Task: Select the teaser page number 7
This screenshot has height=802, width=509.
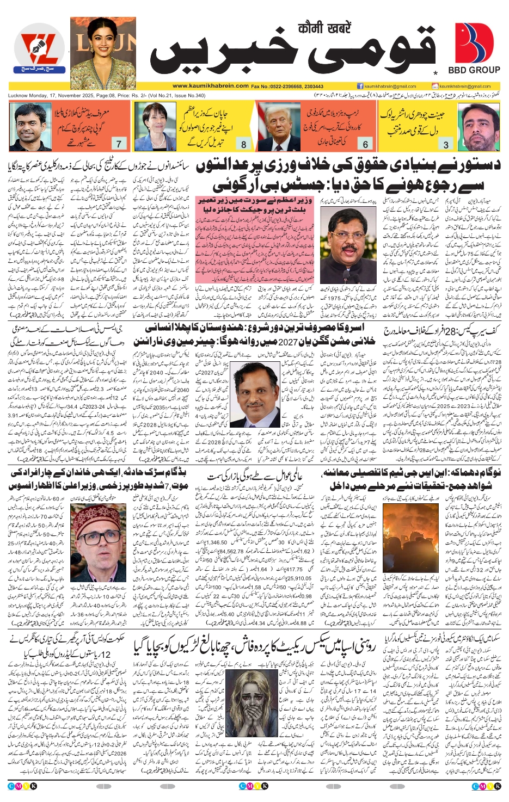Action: (119, 144)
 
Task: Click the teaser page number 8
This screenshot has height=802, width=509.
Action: (243, 144)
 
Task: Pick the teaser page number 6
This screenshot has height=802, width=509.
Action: (365, 144)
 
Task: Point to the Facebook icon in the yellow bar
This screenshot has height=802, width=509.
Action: (360, 86)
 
